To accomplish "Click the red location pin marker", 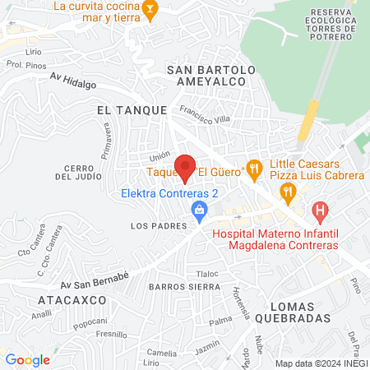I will (185, 167).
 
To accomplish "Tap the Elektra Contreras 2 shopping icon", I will (198, 211).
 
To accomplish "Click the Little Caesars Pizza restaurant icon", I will (287, 193).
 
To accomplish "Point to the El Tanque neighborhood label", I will (132, 109).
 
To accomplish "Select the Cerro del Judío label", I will (81, 172).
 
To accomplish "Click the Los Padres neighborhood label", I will (153, 224).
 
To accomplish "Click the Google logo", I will (28, 359).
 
